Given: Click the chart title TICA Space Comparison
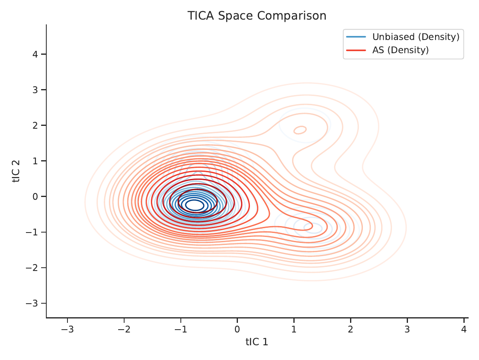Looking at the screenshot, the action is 257,16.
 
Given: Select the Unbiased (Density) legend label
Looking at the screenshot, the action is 416,37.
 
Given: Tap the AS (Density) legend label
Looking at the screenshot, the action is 400,50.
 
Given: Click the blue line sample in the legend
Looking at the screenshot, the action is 356,37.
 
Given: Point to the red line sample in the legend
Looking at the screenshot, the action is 356,50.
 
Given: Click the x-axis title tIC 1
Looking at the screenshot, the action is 257,342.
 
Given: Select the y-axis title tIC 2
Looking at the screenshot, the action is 16,171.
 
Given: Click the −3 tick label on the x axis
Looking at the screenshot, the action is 67,329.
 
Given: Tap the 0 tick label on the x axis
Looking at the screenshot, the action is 237,329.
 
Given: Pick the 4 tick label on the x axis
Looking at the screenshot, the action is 464,329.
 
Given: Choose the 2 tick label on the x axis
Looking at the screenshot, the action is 350,329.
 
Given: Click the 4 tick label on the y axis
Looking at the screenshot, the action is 35,54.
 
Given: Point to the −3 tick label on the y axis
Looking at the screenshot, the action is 32,303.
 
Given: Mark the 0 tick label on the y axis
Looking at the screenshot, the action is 35,197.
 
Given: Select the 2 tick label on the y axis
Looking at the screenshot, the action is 35,125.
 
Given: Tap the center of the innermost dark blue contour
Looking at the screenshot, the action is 195,205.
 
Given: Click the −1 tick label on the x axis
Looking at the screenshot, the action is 181,329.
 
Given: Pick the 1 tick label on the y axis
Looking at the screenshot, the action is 35,161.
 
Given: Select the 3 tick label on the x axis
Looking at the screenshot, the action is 407,329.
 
